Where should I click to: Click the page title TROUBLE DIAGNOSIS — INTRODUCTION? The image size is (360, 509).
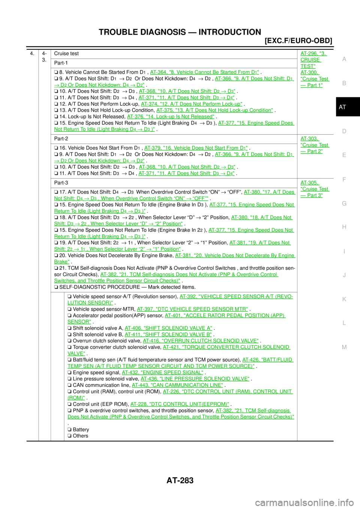[x=180, y=32]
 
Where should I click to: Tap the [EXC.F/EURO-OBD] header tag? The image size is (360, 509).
[x=298, y=41]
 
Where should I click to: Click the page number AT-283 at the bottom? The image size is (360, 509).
[x=180, y=481]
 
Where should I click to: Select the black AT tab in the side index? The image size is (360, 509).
[x=348, y=107]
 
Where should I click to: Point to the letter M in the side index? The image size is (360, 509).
[x=344, y=347]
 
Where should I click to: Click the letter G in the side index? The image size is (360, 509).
[x=344, y=203]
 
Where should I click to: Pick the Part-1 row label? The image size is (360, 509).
[x=61, y=63]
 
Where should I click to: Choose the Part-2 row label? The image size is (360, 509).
[x=61, y=139]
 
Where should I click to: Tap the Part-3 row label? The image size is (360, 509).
[x=61, y=183]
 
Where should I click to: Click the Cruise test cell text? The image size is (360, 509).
[x=66, y=53]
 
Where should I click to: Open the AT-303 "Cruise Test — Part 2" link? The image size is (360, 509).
[x=315, y=145]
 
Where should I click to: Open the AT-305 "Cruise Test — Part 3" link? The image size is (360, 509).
[x=315, y=189]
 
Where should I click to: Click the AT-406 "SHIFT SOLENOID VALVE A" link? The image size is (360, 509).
[x=168, y=328]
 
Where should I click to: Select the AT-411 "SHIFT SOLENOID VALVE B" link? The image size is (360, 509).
[x=168, y=334]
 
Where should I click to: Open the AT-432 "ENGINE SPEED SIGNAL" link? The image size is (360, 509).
[x=162, y=373]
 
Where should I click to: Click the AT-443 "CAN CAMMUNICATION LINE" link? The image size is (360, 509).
[x=177, y=385]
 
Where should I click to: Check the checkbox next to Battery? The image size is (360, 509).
[x=69, y=430]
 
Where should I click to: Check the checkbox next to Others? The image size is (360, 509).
[x=69, y=436]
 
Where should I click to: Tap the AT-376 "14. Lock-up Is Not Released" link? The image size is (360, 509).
[x=171, y=117]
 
